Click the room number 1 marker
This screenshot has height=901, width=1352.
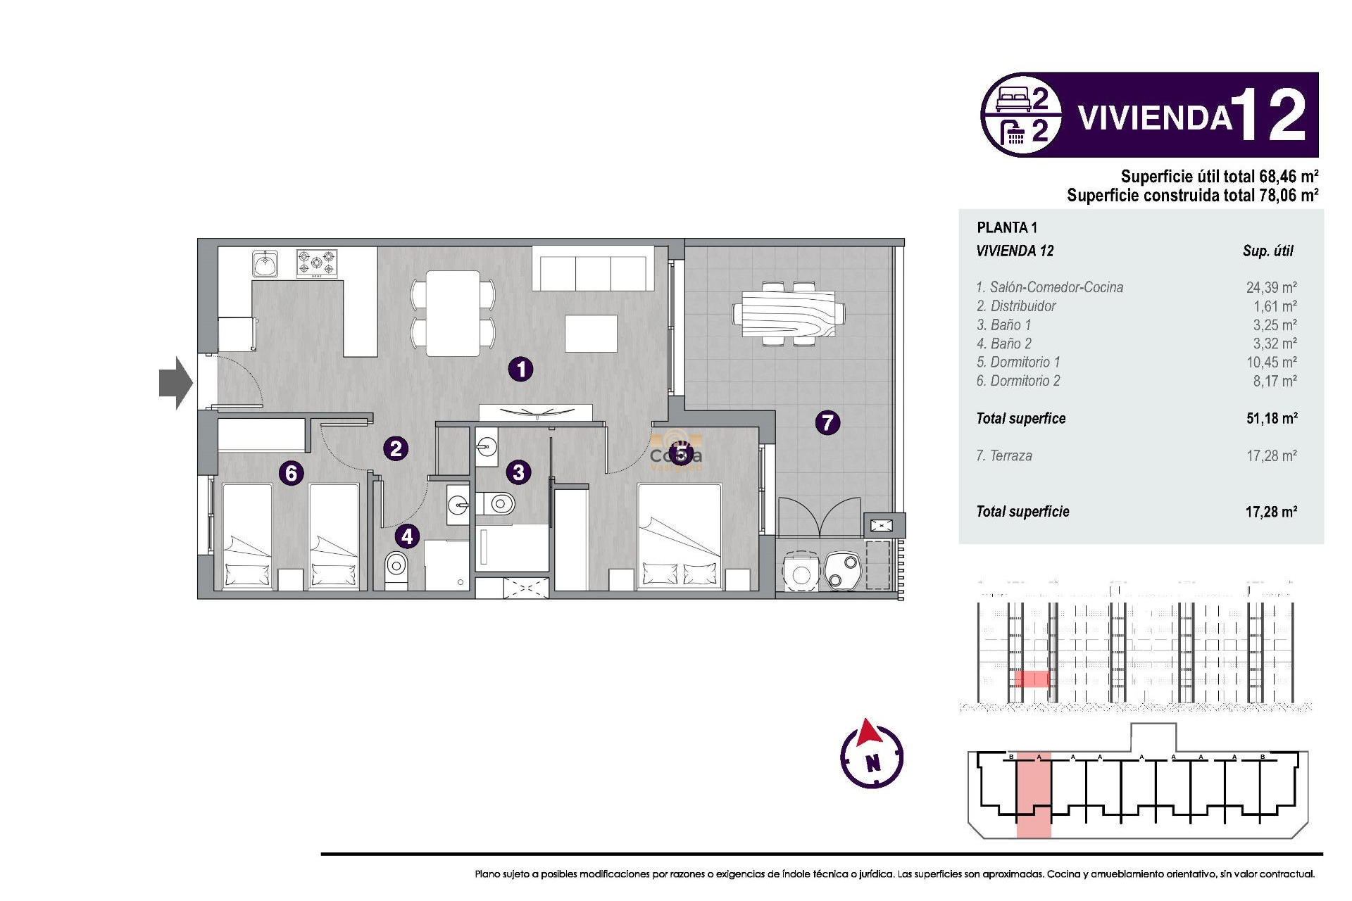[520, 369]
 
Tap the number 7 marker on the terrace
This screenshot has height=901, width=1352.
[827, 422]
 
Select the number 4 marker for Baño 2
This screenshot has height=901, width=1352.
[407, 536]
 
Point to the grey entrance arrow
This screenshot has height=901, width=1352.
[175, 382]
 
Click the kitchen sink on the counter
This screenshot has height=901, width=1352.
[265, 264]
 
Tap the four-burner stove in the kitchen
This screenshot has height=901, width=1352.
[317, 263]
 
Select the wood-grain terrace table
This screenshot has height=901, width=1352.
[788, 314]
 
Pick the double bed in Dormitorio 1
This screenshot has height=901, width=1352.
[680, 535]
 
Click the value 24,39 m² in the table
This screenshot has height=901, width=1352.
[1271, 287]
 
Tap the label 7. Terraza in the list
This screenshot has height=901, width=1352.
[1004, 455]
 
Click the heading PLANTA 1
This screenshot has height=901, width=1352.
[1007, 227]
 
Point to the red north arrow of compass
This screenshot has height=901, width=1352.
[869, 733]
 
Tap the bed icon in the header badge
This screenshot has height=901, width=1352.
[1013, 99]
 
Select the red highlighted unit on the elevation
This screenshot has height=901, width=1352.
[1032, 679]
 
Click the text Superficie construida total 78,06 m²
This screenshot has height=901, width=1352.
[1192, 195]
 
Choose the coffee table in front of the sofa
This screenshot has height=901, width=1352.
[591, 334]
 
